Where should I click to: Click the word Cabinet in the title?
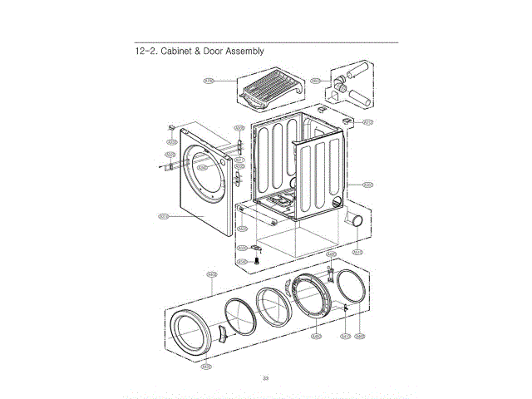pyautogui.click(x=175, y=52)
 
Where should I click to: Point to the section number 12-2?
pyautogui.click(x=146, y=52)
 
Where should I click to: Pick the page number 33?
pyautogui.click(x=265, y=379)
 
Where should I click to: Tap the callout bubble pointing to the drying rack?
pyautogui.click(x=209, y=81)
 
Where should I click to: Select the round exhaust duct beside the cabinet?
pyautogui.click(x=355, y=220)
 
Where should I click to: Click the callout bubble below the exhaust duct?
pyautogui.click(x=357, y=251)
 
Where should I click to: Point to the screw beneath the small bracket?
pyautogui.click(x=257, y=261)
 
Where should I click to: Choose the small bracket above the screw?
pyautogui.click(x=258, y=247)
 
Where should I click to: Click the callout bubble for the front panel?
pyautogui.click(x=163, y=218)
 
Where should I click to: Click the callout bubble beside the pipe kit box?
pyautogui.click(x=316, y=81)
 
